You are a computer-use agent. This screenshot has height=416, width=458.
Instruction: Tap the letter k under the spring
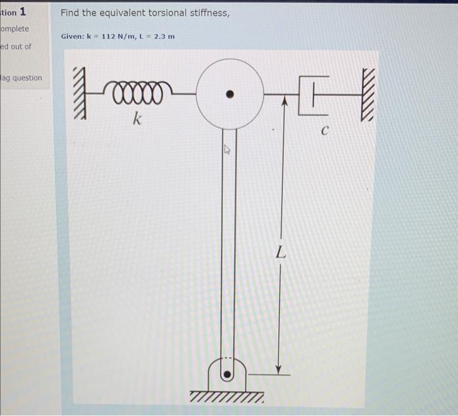pyautogui.click(x=137, y=119)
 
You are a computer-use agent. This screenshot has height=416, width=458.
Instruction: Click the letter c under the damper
pyautogui.click(x=324, y=131)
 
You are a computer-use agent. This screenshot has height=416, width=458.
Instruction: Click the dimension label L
pyautogui.click(x=280, y=253)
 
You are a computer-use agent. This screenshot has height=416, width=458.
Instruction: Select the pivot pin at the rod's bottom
pyautogui.click(x=227, y=375)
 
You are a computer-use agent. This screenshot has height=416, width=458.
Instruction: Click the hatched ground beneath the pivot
pyautogui.click(x=228, y=397)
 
